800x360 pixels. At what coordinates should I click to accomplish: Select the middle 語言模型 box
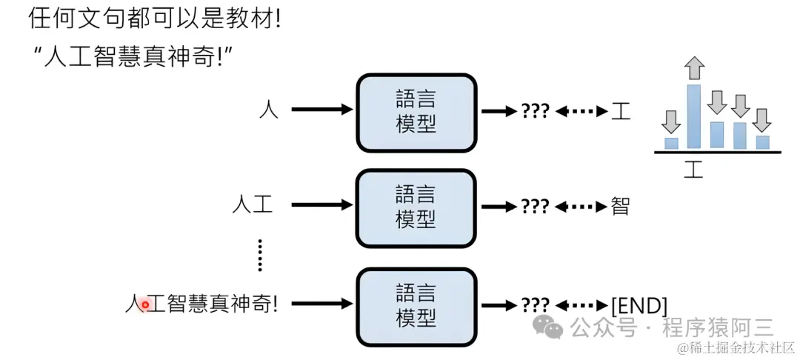(416, 208)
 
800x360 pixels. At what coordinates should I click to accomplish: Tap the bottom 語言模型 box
(416, 307)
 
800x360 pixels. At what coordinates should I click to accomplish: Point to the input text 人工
(253, 205)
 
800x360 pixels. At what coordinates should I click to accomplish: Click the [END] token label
(640, 305)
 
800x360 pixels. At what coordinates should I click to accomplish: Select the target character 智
(620, 206)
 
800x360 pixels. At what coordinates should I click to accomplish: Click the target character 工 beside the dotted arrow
(621, 111)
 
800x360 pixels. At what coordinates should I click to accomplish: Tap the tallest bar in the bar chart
(694, 116)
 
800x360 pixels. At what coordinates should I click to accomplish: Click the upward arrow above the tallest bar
(694, 68)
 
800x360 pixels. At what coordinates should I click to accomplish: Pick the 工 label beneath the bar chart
(693, 169)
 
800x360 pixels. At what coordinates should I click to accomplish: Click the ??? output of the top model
(535, 111)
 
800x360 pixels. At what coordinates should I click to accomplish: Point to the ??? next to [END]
(535, 305)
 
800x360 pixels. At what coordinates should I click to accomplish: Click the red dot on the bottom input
(146, 304)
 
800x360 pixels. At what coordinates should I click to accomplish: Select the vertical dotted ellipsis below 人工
(260, 255)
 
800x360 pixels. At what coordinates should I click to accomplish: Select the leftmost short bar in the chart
(671, 143)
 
